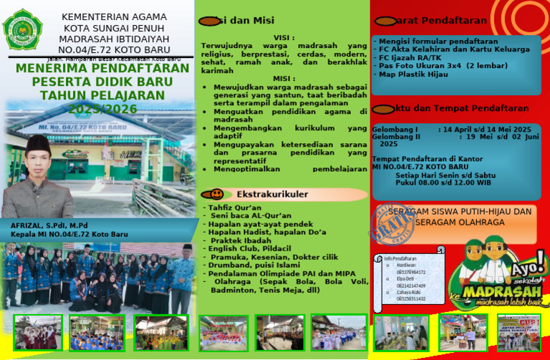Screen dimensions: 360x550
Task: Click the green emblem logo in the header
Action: coord(23,29)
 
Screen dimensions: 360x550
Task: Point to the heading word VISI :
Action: coord(284,38)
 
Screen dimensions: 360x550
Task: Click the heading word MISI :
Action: coord(284,78)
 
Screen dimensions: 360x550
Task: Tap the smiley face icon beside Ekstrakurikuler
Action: coord(216,194)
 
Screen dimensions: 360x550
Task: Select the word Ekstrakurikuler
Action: coord(272,194)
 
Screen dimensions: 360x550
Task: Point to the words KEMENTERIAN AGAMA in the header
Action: coord(114,16)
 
